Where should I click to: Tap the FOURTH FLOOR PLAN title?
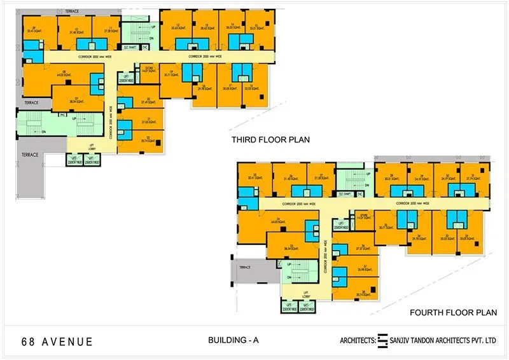pos(452,312)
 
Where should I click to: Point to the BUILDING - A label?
pos(234,341)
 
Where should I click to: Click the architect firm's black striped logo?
pos(382,341)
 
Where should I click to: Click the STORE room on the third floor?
pos(149,70)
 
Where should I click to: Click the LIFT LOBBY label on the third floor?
pos(92,146)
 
